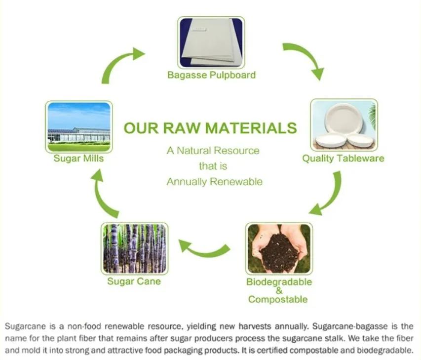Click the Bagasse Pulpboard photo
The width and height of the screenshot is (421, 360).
[x=211, y=42]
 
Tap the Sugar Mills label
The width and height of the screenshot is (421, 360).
[x=78, y=158]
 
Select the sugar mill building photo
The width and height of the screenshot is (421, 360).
[x=79, y=127]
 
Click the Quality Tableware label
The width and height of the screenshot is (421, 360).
[x=343, y=158]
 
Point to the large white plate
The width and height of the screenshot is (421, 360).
[x=344, y=118]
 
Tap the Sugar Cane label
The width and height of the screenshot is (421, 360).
[x=134, y=281]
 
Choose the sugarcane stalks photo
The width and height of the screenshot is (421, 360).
[x=135, y=248]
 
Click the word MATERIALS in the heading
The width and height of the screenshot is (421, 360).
[x=251, y=128]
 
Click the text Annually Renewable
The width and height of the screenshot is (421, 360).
[x=215, y=182]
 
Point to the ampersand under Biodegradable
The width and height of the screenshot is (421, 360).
[x=279, y=290]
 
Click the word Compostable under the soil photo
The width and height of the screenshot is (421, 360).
[x=278, y=299]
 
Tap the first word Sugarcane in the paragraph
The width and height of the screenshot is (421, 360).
[x=26, y=327]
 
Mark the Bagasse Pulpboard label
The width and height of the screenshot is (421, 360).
[x=211, y=75]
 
